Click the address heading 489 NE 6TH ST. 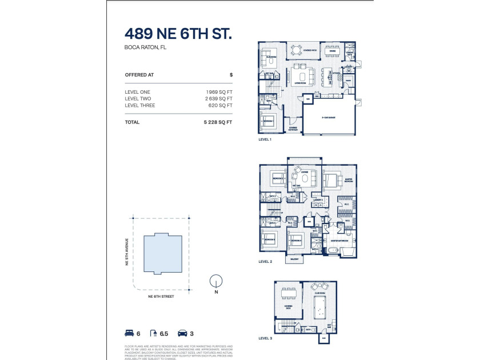(x=178, y=35)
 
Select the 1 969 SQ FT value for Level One (x=219, y=91)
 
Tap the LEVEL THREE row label (x=140, y=105)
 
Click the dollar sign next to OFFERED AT (x=231, y=75)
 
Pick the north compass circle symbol (x=215, y=281)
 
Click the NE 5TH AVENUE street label (x=128, y=251)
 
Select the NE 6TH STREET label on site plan (x=161, y=297)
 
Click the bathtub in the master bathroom (x=345, y=251)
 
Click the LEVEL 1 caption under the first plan (x=265, y=139)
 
